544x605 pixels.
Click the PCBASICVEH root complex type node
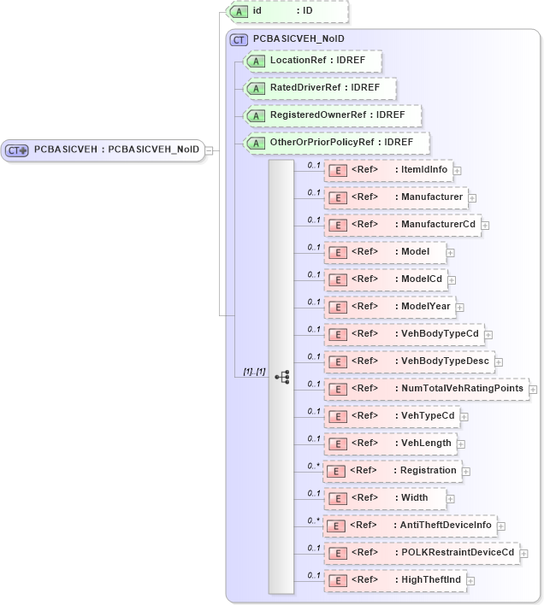tap(103, 150)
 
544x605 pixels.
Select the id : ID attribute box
tap(287, 11)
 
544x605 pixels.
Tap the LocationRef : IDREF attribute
tap(313, 61)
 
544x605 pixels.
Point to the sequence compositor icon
tap(281, 376)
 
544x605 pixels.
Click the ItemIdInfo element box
tap(388, 170)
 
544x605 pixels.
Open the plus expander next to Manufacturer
tap(472, 198)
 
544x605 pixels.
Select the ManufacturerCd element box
tap(402, 225)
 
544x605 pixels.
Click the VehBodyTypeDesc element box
tap(409, 361)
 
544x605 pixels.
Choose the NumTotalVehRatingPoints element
tap(426, 389)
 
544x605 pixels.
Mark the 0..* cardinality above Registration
tap(314, 466)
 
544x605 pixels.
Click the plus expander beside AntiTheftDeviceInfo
tap(501, 526)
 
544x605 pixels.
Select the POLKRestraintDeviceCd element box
tap(422, 553)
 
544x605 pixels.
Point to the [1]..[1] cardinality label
tap(254, 373)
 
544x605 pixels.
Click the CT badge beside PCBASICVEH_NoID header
tap(239, 39)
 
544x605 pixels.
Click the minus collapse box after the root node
tap(210, 150)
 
